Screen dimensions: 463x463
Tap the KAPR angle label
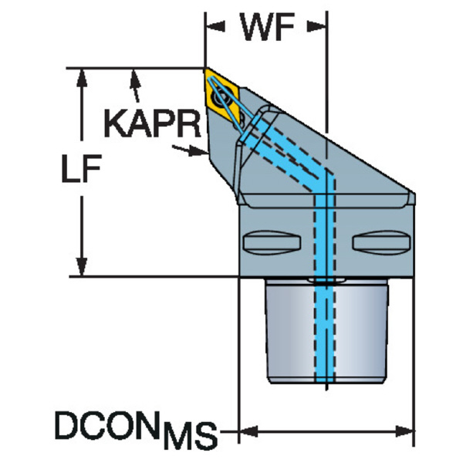click(152, 122)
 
